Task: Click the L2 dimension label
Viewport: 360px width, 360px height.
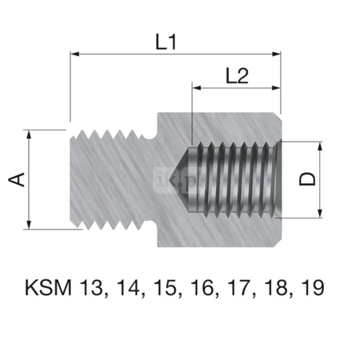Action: click(236, 76)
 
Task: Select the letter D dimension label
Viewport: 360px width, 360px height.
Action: click(306, 179)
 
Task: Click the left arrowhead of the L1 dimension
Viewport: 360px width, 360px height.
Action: click(76, 54)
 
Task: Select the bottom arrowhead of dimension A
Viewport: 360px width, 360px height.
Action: click(30, 224)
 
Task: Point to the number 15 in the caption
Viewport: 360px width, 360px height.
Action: click(161, 287)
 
